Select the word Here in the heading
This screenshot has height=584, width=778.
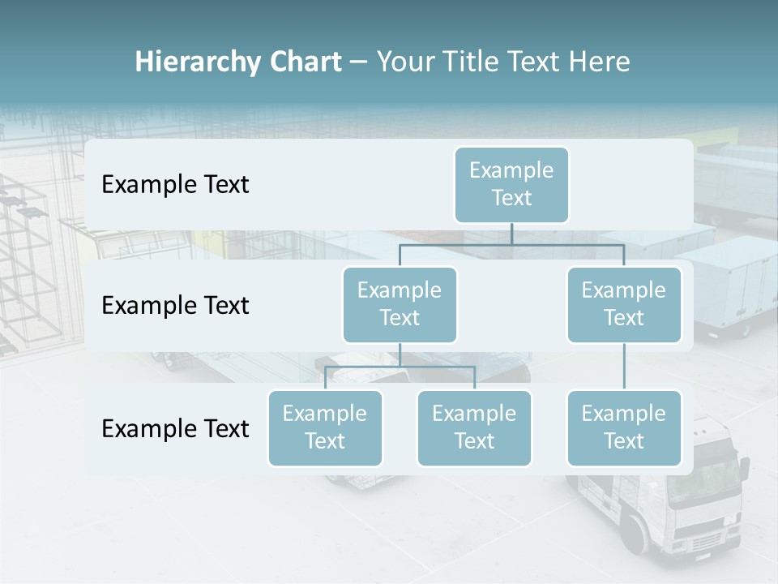click(x=600, y=62)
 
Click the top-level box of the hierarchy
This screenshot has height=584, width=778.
click(x=511, y=184)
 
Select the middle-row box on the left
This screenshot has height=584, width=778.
click(x=400, y=304)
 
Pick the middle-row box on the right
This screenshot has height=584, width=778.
click(x=624, y=304)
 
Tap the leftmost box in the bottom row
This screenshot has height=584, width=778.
click(x=325, y=427)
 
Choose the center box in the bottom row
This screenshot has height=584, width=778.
click(x=474, y=427)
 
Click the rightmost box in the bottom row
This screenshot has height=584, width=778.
click(x=624, y=427)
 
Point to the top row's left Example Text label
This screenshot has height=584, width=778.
click(x=175, y=185)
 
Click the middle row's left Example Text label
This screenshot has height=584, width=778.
click(x=175, y=306)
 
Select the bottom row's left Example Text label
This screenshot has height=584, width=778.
click(x=175, y=428)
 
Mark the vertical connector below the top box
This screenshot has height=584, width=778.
click(x=511, y=234)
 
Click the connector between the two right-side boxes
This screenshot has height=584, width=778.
click(x=624, y=367)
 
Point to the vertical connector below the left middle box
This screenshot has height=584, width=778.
click(x=400, y=354)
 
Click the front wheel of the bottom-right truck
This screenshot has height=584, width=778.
click(x=636, y=536)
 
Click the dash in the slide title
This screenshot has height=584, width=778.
click(x=359, y=62)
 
